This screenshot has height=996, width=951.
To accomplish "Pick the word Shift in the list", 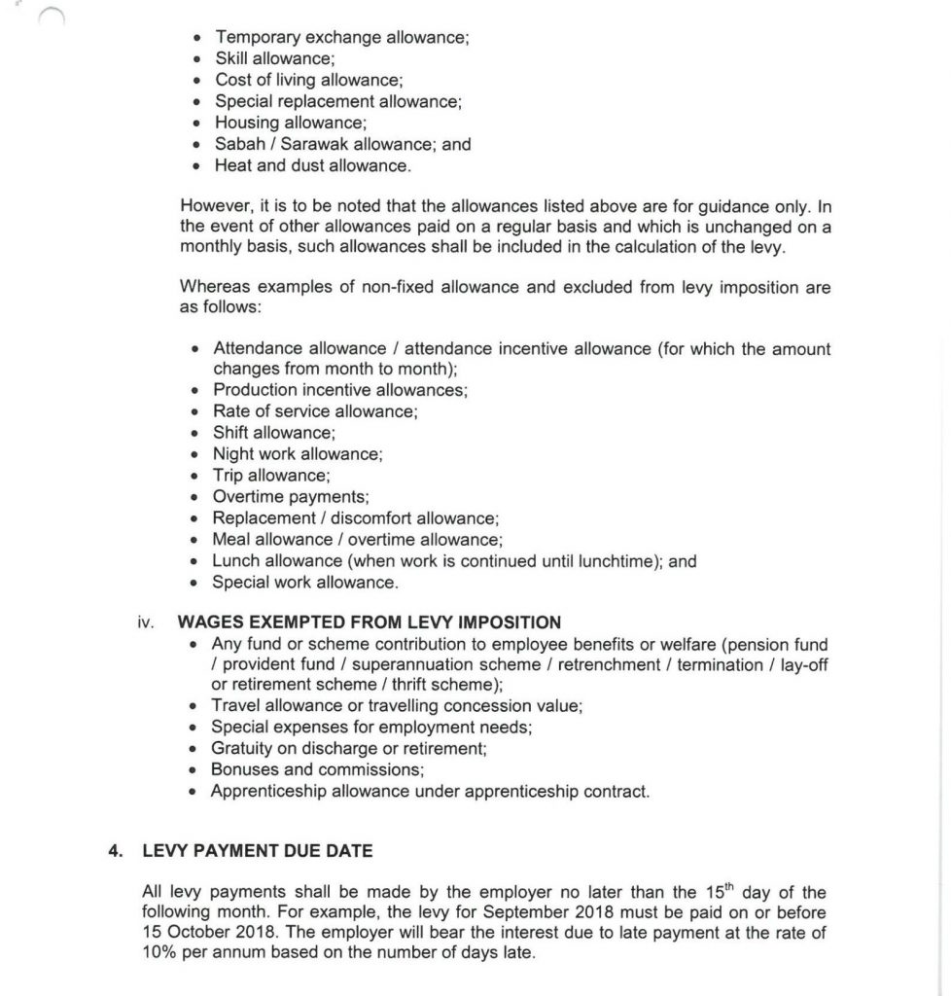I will click(x=231, y=433).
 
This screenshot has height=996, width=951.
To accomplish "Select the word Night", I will click(x=233, y=454).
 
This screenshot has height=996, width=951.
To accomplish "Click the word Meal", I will click(x=231, y=540).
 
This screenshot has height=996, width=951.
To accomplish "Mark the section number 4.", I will click(x=115, y=851).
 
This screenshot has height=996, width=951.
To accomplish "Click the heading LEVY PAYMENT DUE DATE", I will click(x=257, y=851).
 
